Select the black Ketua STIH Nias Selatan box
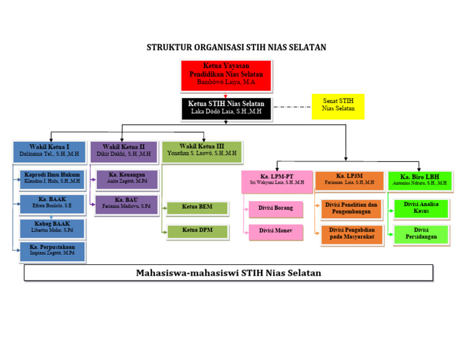pyautogui.click(x=226, y=108)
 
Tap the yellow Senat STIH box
pyautogui.click(x=338, y=106)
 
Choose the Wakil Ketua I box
pyautogui.click(x=49, y=152)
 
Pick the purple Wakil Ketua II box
pyautogui.click(x=124, y=151)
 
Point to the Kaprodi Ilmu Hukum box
pyautogui.click(x=52, y=178)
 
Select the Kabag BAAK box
pyautogui.click(x=52, y=228)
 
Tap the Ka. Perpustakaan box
pyautogui.click(x=52, y=251)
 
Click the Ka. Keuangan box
pyautogui.click(x=127, y=179)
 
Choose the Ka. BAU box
pyautogui.click(x=127, y=204)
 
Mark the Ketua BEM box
pyautogui.click(x=197, y=208)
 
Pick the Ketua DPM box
pyautogui.click(x=197, y=231)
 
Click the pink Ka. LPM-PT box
pyautogui.click(x=277, y=181)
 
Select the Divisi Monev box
pyautogui.click(x=276, y=231)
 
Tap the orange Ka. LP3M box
pyautogui.click(x=349, y=180)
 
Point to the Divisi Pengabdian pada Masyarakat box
pyautogui.click(x=352, y=234)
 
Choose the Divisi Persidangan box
pyautogui.click(x=421, y=234)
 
